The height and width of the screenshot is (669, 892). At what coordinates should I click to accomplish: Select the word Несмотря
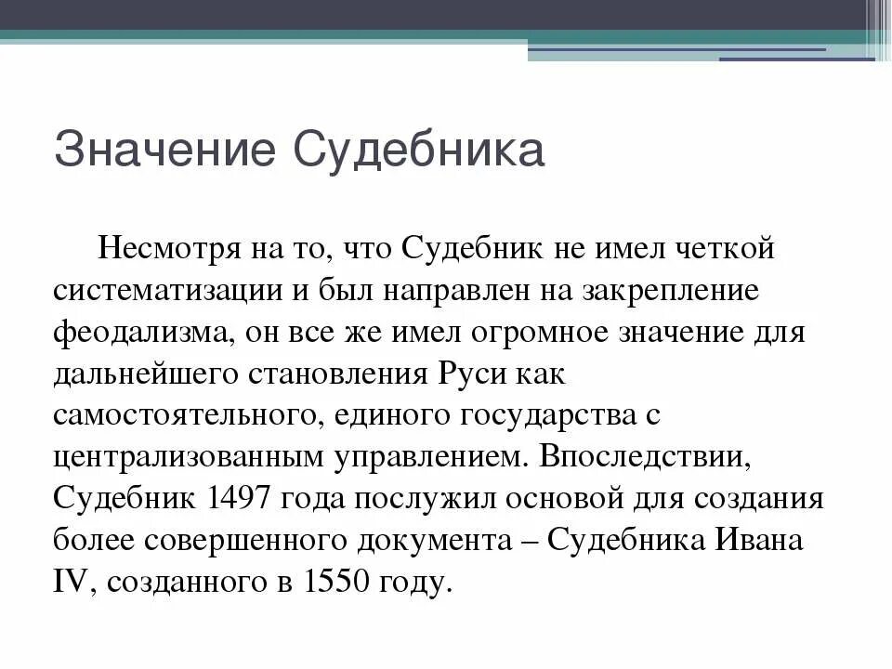coord(163,250)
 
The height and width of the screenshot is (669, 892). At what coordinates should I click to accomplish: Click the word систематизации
coord(168,291)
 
